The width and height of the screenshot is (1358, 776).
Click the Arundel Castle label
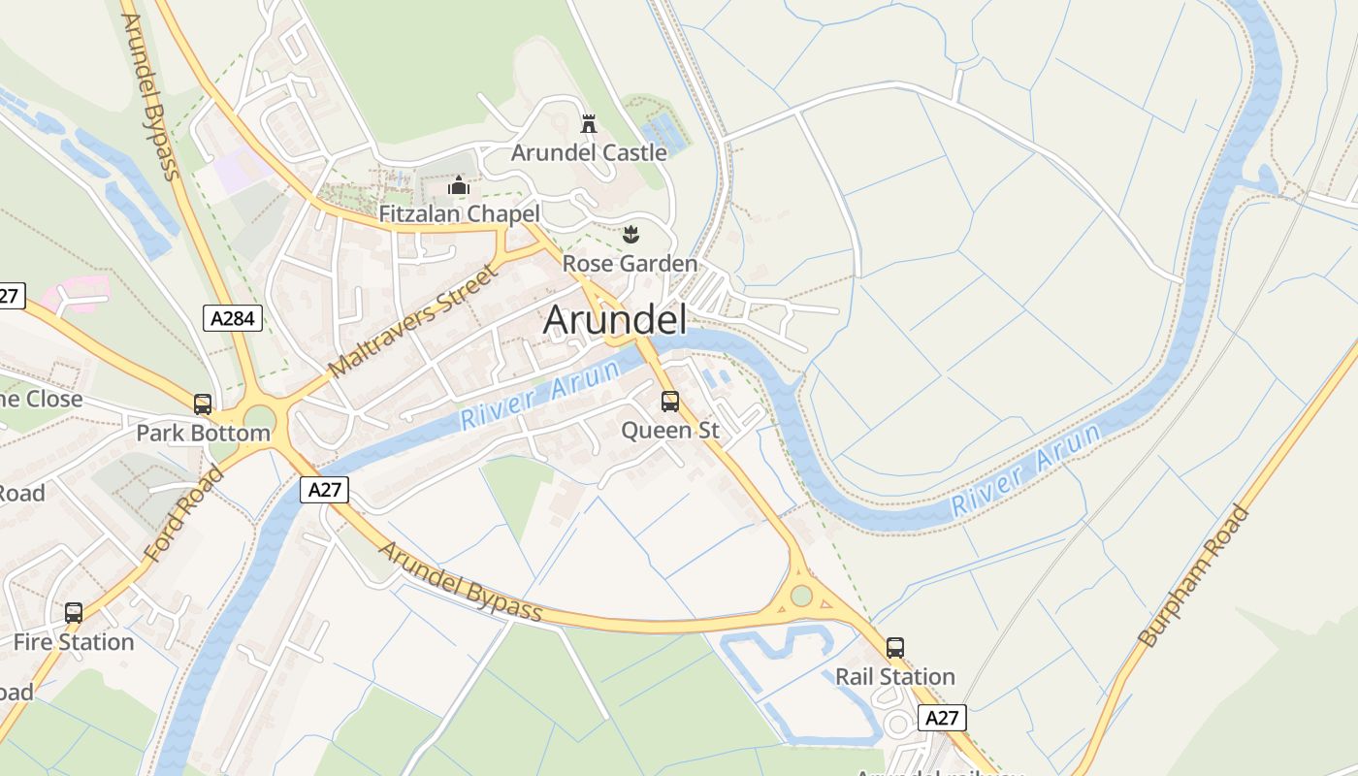click(589, 152)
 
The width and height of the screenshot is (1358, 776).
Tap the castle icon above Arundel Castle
click(588, 123)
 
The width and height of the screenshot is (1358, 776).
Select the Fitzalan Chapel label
click(459, 213)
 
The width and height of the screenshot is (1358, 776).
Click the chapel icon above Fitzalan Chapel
click(459, 185)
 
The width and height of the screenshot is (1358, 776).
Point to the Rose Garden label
click(630, 264)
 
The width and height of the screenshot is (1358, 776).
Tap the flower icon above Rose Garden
click(630, 234)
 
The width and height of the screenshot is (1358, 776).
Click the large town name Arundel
click(615, 320)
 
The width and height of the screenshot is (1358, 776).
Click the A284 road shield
click(233, 317)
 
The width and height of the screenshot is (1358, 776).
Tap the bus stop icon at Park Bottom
click(203, 404)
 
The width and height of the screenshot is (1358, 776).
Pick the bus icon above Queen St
click(670, 402)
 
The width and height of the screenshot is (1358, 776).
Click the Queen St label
click(670, 430)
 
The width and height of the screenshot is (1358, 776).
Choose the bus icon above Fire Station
click(74, 613)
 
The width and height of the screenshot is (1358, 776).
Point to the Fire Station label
click(74, 642)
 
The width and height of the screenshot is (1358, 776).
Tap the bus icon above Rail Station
click(895, 648)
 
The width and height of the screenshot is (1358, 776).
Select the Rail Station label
click(895, 676)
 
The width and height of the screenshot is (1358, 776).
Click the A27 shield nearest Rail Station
click(942, 718)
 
